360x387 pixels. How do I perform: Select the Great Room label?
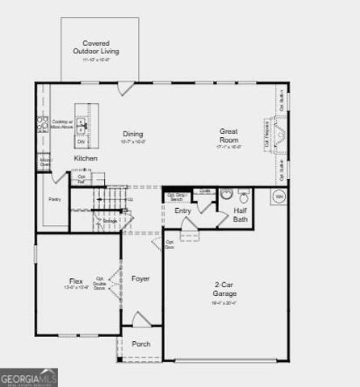228,135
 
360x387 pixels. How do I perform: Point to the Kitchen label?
86,158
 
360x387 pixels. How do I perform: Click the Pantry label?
54,198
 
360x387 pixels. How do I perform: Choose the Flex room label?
75,281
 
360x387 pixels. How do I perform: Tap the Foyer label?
140,279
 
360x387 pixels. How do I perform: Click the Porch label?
140,344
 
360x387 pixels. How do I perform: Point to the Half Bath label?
241,214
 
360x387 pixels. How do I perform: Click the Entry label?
183,211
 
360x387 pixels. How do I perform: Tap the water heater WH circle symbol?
278,196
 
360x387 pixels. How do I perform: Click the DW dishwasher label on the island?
82,142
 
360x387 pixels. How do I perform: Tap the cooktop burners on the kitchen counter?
42,124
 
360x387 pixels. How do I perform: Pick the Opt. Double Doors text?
100,282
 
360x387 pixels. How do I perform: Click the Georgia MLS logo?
29,377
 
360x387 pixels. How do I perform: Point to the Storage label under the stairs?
108,220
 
